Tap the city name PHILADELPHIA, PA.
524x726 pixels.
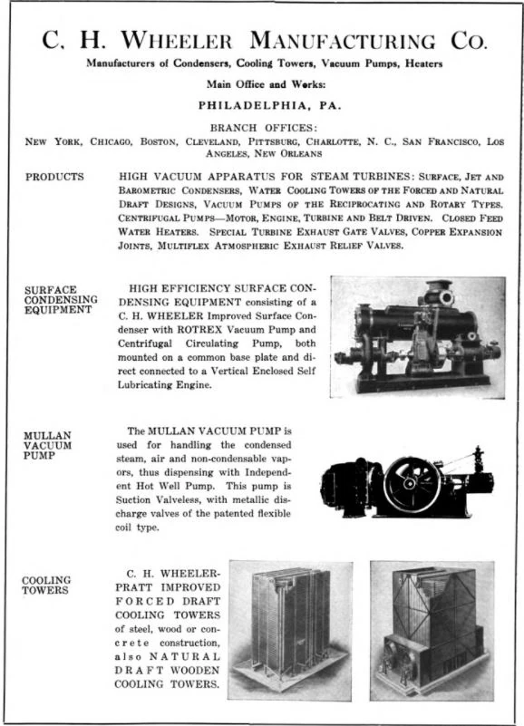tap(262, 104)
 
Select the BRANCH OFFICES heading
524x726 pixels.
tap(262, 128)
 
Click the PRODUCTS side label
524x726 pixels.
tap(54, 177)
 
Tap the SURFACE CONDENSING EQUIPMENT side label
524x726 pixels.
tap(58, 300)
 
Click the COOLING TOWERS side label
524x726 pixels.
tap(47, 585)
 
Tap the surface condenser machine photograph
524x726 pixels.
tap(417, 336)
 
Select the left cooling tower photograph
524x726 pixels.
tap(290, 629)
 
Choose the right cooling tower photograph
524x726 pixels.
tap(432, 629)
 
